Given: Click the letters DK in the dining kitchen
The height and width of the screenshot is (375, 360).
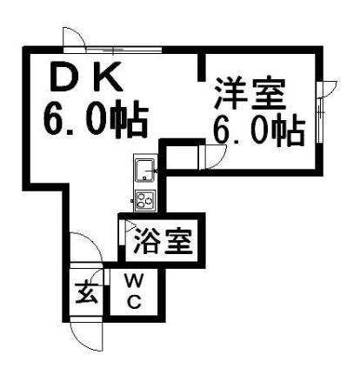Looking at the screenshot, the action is point(86,77).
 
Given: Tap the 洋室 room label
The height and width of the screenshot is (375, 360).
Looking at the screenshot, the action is point(250,93).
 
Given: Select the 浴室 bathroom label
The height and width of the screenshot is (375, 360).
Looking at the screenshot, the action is point(163,241).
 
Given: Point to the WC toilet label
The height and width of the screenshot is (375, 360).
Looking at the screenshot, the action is point(135,291).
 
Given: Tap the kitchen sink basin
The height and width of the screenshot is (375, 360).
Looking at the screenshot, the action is point(145,171).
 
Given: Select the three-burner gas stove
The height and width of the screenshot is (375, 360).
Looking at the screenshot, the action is point(145,199).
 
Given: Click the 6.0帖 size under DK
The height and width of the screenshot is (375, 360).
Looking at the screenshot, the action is point(96,119).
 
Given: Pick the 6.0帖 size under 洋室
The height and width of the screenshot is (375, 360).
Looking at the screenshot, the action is point(259,130).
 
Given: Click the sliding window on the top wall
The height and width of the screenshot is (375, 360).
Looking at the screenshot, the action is point(123,50).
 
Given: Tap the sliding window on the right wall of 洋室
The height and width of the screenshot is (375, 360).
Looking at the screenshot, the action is point(319,121).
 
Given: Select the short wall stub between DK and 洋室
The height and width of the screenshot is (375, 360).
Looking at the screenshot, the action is point(202,67).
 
